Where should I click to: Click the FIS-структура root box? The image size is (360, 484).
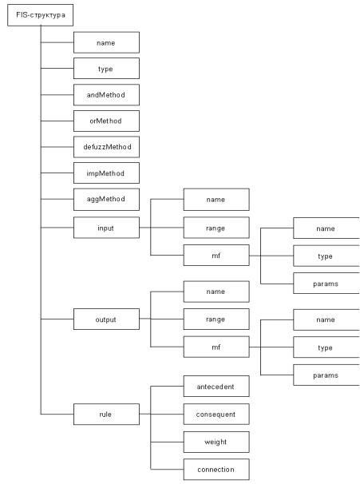(41, 15)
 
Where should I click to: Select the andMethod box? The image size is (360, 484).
(106, 95)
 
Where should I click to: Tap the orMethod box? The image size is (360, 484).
(106, 121)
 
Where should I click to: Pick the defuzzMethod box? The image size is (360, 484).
(106, 147)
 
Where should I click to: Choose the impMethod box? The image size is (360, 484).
(106, 173)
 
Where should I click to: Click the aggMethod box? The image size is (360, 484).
(106, 200)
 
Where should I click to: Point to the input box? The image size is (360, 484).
(106, 228)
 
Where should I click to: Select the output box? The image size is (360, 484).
(106, 319)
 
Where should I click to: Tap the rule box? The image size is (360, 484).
(106, 414)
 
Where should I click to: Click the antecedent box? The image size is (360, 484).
(216, 386)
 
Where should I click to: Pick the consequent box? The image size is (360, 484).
(216, 414)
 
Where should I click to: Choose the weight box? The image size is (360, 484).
(216, 442)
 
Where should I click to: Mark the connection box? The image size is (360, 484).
(216, 469)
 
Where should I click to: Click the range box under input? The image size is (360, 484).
(216, 228)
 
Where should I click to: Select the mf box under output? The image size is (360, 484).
(216, 347)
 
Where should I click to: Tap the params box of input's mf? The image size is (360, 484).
(326, 283)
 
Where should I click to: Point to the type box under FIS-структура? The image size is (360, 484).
(106, 68)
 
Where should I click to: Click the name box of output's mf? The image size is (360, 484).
(326, 319)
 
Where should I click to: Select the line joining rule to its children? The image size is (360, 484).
(151, 427)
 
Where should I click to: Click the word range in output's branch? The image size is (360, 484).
(216, 319)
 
